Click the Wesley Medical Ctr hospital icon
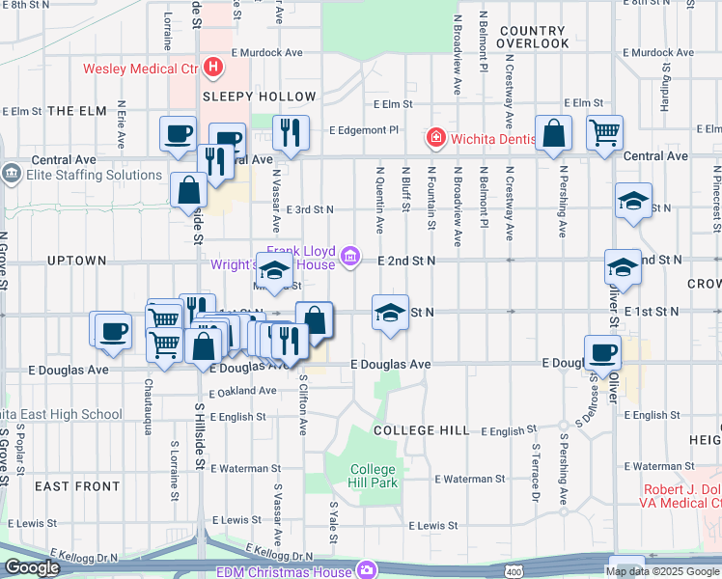click(x=214, y=69)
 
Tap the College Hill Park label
click(x=374, y=476)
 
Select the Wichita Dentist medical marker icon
click(x=436, y=137)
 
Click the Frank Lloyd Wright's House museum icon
click(x=352, y=257)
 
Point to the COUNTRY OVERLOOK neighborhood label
click(x=535, y=38)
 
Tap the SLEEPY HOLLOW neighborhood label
click(x=260, y=96)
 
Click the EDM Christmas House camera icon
click(x=366, y=569)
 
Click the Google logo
click(x=33, y=567)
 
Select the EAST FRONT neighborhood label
click(x=76, y=486)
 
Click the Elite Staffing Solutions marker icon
click(x=11, y=175)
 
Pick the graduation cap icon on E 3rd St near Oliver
click(x=632, y=203)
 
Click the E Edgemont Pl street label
click(x=364, y=129)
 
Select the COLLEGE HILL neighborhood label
click(x=421, y=429)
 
